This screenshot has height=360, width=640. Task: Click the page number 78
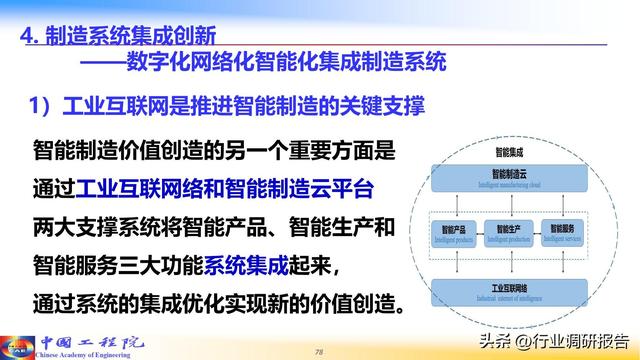(319, 351)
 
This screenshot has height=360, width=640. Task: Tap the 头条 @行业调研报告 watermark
(553, 339)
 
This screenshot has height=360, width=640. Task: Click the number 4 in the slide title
(28, 36)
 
